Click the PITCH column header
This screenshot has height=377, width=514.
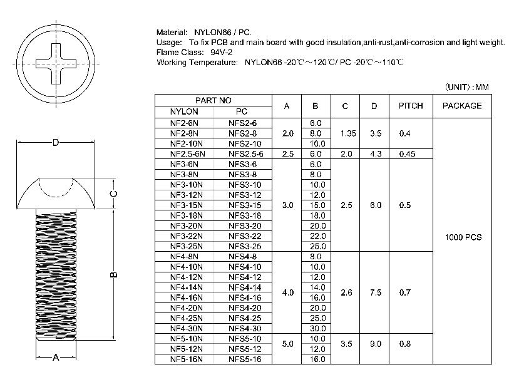pos(411,106)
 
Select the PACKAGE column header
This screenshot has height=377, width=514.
pos(462,106)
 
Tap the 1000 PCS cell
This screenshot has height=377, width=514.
pos(463,237)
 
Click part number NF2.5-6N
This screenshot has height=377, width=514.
pos(187,154)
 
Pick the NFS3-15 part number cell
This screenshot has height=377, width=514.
pos(245,205)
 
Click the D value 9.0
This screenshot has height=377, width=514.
pos(374,344)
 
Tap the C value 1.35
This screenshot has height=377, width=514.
pos(345,133)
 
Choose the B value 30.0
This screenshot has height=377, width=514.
pos(317,328)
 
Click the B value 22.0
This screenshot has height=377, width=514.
pos(317,236)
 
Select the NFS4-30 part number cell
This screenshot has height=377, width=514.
pos(245,328)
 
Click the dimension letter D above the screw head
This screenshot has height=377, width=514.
pos(56,143)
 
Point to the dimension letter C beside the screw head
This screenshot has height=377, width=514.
pos(114,194)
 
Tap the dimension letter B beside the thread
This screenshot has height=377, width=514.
pos(113,274)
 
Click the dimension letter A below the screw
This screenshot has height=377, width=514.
pos(55,358)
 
